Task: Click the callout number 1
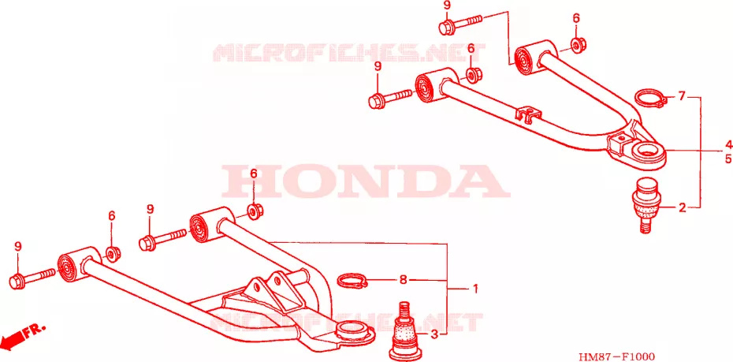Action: click(475, 289)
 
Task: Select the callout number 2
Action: click(682, 207)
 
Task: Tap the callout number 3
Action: click(433, 334)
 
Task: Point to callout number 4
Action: click(727, 144)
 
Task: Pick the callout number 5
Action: click(727, 159)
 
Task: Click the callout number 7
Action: click(682, 97)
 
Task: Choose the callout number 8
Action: click(404, 281)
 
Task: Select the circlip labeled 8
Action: click(353, 282)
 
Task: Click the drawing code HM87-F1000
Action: click(616, 356)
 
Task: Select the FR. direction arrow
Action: click(22, 334)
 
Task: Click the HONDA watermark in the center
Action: click(366, 181)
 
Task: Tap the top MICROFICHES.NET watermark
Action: click(350, 52)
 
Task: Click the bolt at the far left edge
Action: click(33, 276)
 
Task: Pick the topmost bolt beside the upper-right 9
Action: click(460, 24)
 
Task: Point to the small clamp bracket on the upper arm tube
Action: click(529, 114)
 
